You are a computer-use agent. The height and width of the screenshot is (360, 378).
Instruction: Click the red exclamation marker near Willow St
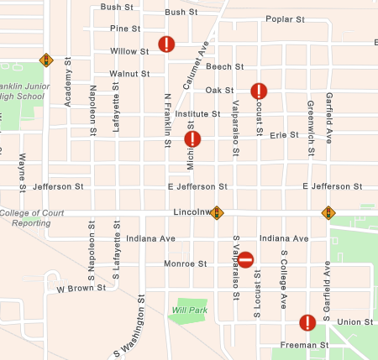(166, 44)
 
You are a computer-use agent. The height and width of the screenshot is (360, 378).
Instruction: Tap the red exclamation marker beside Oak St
(259, 91)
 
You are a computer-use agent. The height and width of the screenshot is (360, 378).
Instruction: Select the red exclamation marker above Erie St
(192, 138)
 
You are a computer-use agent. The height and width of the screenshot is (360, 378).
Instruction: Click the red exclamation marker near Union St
(307, 322)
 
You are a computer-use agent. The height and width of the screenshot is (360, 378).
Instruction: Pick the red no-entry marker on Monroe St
(245, 260)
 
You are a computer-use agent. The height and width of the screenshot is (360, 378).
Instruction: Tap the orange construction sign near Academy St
(46, 60)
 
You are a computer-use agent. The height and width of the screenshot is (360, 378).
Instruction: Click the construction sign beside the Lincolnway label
(217, 213)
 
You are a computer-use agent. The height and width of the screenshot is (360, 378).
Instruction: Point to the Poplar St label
(283, 19)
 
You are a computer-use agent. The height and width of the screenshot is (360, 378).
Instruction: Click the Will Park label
(189, 310)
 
